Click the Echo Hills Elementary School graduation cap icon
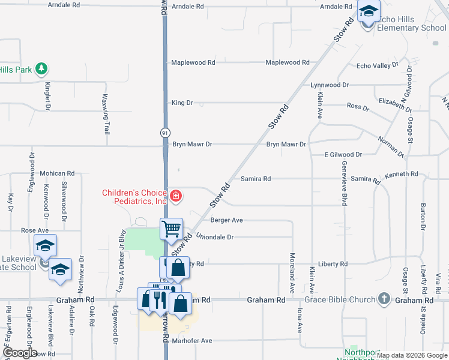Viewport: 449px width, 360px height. pyautogui.click(x=368, y=11)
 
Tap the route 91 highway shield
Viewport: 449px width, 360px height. pyautogui.click(x=165, y=132)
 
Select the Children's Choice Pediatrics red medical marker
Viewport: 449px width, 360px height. pyautogui.click(x=176, y=196)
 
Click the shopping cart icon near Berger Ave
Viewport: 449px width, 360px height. pyautogui.click(x=171, y=228)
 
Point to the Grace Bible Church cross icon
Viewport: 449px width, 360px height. pyautogui.click(x=384, y=298)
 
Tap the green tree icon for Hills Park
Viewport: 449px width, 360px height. pyautogui.click(x=41, y=70)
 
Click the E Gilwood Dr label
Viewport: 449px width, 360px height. pyautogui.click(x=343, y=154)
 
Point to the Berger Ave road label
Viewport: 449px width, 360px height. pyautogui.click(x=226, y=220)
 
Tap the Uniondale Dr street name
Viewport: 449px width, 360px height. pyautogui.click(x=214, y=237)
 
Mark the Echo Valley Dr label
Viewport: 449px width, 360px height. pyautogui.click(x=378, y=65)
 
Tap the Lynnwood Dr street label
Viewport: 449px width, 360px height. pyautogui.click(x=330, y=85)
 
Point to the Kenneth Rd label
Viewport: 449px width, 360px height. pyautogui.click(x=402, y=174)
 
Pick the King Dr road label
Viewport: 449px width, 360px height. pyautogui.click(x=182, y=103)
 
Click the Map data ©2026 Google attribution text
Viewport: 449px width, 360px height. pyautogui.click(x=411, y=355)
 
